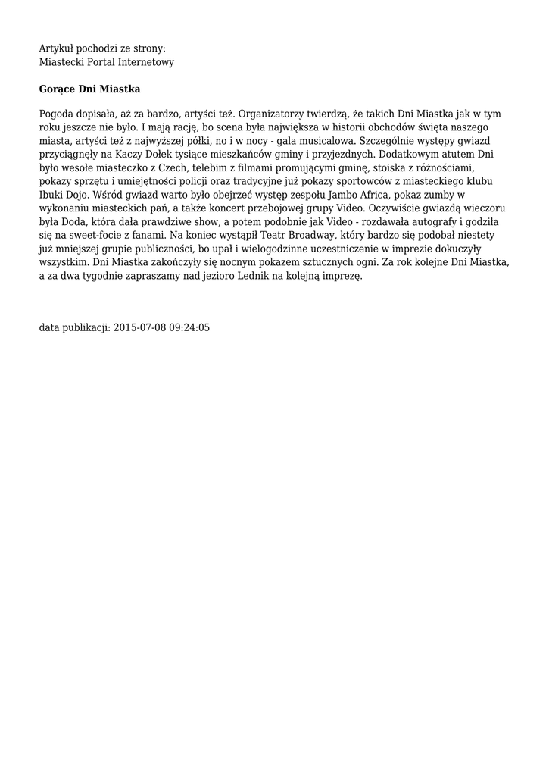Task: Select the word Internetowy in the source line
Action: click(148, 62)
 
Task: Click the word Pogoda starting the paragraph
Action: click(57, 114)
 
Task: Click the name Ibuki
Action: click(51, 196)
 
